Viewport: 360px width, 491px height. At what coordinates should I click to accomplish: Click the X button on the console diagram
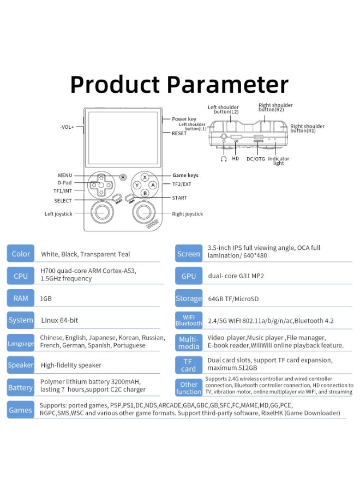click(145, 177)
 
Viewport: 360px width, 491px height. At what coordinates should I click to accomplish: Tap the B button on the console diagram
click(145, 193)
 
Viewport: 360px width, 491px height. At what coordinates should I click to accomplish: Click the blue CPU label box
click(21, 276)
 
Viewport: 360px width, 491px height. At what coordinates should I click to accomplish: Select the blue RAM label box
click(21, 298)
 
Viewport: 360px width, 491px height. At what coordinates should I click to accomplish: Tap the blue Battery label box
click(21, 387)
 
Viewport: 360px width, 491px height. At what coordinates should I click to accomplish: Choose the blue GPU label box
click(189, 276)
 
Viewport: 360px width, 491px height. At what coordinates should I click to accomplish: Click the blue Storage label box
click(189, 298)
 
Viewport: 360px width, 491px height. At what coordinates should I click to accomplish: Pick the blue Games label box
click(21, 410)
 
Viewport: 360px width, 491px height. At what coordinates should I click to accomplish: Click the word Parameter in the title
click(227, 85)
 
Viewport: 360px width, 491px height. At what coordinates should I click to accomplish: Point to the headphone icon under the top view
click(224, 159)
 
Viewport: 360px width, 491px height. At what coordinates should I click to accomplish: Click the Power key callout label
click(184, 119)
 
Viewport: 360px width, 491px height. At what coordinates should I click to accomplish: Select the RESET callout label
click(179, 133)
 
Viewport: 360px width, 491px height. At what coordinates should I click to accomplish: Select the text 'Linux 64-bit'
click(59, 320)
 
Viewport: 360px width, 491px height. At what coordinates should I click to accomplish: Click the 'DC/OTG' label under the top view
click(256, 159)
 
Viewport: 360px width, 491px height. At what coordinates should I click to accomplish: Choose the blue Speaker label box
click(21, 365)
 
